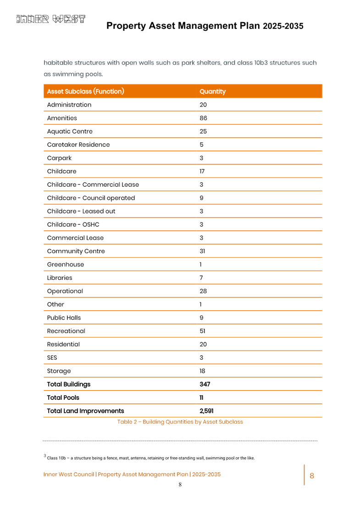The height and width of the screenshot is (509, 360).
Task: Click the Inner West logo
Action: point(51,19)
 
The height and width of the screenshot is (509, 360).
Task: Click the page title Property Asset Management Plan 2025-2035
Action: point(205,26)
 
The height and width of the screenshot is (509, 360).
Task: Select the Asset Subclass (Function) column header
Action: point(85,91)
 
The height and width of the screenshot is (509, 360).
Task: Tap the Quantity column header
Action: point(212,91)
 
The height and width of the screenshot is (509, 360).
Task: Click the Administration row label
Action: point(69,105)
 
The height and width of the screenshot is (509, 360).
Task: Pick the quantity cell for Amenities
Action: point(203,118)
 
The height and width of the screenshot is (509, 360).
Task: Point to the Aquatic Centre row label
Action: point(70,131)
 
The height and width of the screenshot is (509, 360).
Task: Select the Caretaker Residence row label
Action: point(78,145)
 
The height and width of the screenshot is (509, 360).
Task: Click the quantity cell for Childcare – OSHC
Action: point(201,224)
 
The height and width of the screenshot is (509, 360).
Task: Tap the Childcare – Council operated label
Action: point(91,198)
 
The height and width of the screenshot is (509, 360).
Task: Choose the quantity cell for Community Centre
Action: point(202,251)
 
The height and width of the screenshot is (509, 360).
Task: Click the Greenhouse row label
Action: point(66,264)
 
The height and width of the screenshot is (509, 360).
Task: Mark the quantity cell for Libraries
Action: point(201,278)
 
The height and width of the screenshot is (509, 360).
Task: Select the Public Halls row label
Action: point(64,318)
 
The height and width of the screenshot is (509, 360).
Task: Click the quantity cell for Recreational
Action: point(202,331)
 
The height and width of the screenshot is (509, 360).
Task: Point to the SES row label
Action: point(52,358)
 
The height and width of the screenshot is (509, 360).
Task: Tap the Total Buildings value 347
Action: point(205,384)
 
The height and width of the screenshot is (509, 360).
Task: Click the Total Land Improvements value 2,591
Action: point(206,411)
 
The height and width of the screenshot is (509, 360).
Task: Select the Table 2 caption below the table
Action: point(180,422)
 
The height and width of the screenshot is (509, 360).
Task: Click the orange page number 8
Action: point(312,476)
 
